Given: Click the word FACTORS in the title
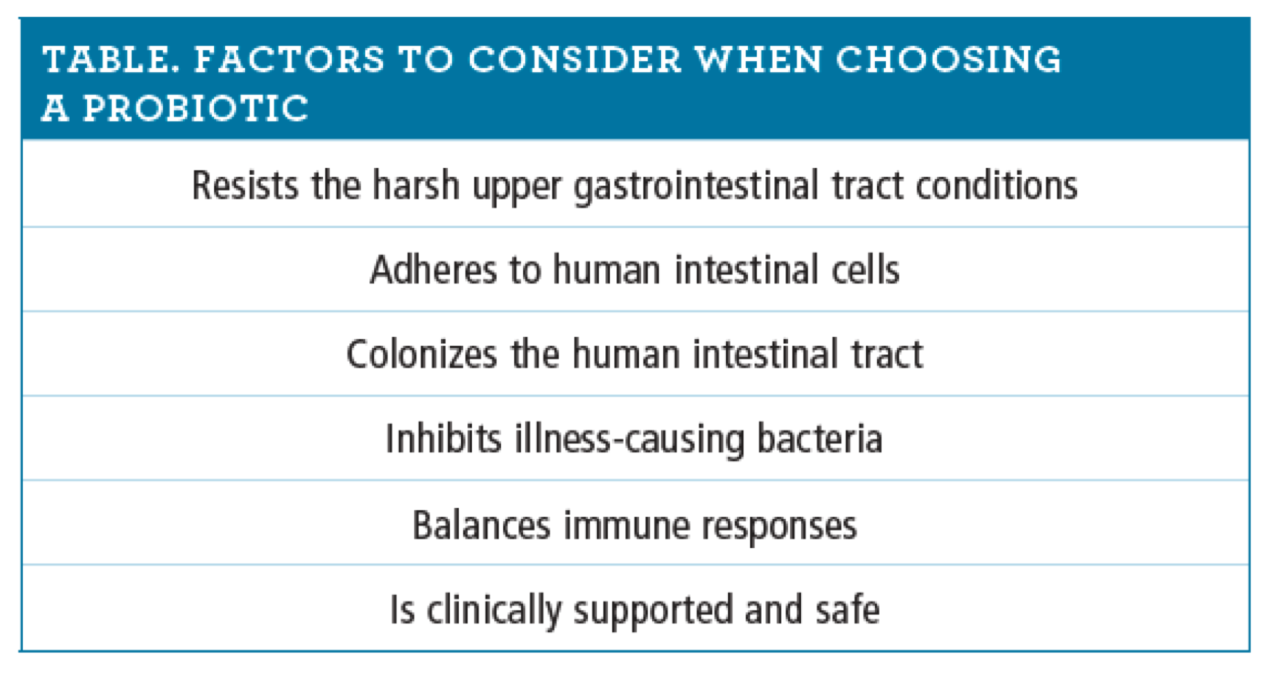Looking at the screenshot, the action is click(x=288, y=60).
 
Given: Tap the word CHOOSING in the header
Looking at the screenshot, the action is click(x=948, y=60).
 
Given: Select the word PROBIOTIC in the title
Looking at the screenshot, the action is click(x=195, y=108).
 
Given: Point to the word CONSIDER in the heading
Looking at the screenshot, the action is click(x=575, y=60).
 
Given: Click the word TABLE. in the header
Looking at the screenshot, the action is click(x=111, y=60).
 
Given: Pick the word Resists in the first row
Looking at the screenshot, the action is click(x=245, y=185).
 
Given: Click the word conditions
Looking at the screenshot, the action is click(x=996, y=185).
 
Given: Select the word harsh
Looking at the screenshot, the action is click(x=415, y=184).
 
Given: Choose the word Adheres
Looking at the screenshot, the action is click(x=433, y=270).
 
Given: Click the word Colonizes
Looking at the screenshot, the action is click(x=421, y=355).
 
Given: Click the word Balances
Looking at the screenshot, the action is click(x=481, y=526).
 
